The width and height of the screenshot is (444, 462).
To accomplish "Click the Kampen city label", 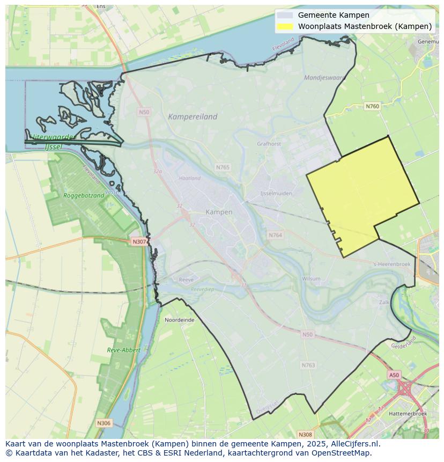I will coord(219,212).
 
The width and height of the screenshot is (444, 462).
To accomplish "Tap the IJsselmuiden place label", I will coord(275,193).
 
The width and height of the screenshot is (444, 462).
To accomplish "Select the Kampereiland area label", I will coord(193,116).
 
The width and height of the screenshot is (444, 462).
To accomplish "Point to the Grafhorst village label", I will coord(269,144).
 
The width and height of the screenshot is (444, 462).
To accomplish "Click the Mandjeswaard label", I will coord(325,77).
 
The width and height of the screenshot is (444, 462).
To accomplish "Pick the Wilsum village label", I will coord(311,278).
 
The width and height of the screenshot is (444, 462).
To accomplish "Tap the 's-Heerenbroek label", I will coord(392,264).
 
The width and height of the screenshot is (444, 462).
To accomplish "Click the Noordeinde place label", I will coord(180,319).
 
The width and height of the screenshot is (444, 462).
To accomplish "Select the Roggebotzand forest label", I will coord(84,196).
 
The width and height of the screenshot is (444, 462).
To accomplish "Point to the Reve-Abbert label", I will coord(123,350).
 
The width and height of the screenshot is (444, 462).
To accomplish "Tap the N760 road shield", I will coord(372,106).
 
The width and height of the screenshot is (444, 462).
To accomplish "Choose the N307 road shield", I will coord(139,241).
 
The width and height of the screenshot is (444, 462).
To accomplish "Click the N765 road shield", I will coord(223,167).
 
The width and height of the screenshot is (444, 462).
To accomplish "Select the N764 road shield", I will coord(275,235).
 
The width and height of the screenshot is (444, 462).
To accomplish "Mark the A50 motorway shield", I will coord(394,375).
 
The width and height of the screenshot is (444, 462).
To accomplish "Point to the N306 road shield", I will coord(103,423).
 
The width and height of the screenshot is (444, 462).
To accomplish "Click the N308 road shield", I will coord(305,435).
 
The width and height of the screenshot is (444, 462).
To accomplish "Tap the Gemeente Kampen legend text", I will coord(334,15).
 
